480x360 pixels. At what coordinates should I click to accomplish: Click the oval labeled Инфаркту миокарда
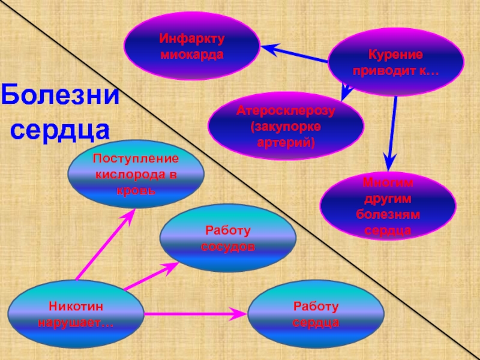[x=191, y=46]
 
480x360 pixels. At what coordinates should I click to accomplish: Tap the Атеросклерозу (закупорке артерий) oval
[x=286, y=125]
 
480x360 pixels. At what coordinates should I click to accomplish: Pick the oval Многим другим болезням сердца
[x=388, y=206]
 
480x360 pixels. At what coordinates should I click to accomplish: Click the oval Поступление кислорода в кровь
[x=136, y=175]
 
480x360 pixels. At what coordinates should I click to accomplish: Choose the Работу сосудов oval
[x=227, y=239]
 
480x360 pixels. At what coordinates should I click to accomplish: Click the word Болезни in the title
[x=60, y=96]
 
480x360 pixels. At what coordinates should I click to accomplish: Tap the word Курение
[x=395, y=55]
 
